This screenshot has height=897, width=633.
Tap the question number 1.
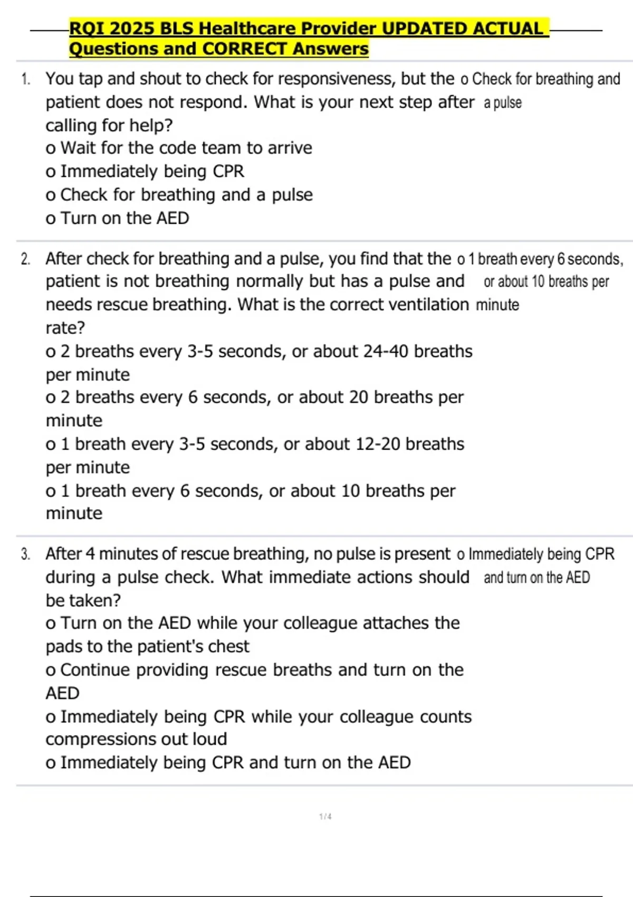(x=25, y=80)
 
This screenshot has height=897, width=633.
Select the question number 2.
(x=25, y=259)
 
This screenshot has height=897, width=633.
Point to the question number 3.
(x=25, y=554)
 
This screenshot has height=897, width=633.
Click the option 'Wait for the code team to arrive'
(x=179, y=148)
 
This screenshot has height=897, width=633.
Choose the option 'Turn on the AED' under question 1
(x=118, y=218)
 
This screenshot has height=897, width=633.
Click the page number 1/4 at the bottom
(x=325, y=816)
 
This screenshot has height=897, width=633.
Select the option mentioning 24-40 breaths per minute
(x=258, y=351)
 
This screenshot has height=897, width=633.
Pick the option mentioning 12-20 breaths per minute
(x=255, y=444)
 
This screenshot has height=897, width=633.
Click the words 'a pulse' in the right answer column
(x=503, y=102)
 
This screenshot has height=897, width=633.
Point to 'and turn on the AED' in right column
(x=536, y=578)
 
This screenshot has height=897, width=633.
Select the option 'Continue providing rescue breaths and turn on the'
(x=255, y=670)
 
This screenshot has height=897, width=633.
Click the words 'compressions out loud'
(x=136, y=739)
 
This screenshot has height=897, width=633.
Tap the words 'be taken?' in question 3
(x=83, y=600)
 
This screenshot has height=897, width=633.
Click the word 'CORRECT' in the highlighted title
(x=245, y=49)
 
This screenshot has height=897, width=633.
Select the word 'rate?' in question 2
(x=65, y=328)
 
